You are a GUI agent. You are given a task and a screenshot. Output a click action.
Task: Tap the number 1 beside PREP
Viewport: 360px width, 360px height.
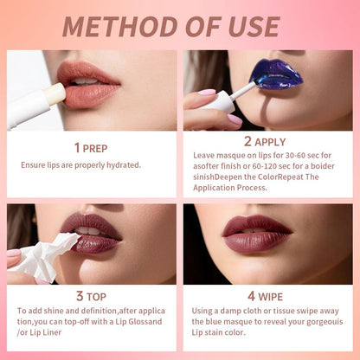coord(77,148)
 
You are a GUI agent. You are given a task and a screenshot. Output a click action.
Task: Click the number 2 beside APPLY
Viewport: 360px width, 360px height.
coord(248,140)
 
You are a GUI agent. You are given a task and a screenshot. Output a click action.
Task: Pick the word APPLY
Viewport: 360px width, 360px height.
coord(271,140)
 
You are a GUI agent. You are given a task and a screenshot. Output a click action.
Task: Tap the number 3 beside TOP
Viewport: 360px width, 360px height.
coord(79,295)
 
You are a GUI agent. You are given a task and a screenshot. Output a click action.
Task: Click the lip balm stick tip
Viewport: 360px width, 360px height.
coord(55,93)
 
